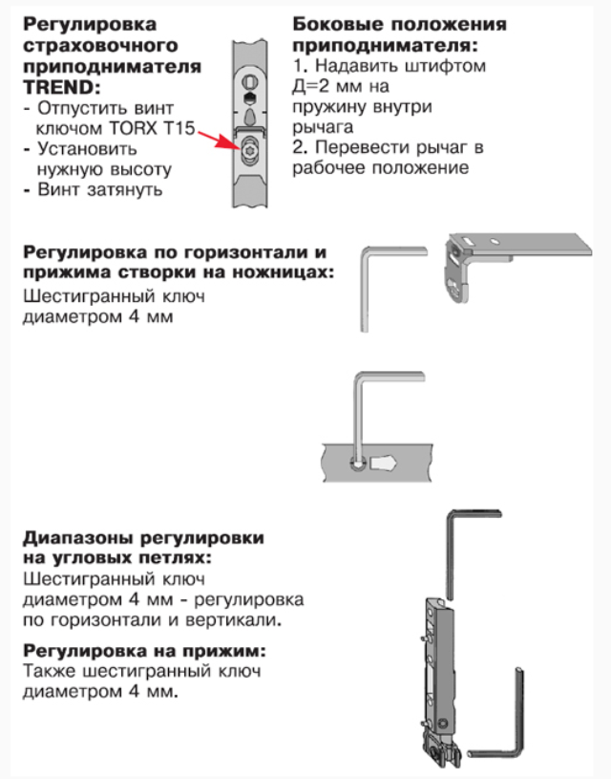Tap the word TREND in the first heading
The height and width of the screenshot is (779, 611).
pyautogui.click(x=57, y=88)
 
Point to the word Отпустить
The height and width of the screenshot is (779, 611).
pyautogui.click(x=80, y=108)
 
